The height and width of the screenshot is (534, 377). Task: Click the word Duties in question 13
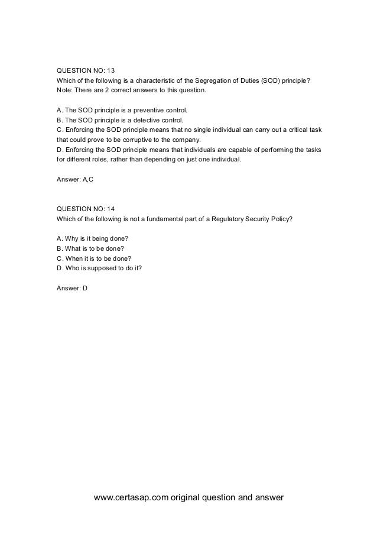[249, 80]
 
